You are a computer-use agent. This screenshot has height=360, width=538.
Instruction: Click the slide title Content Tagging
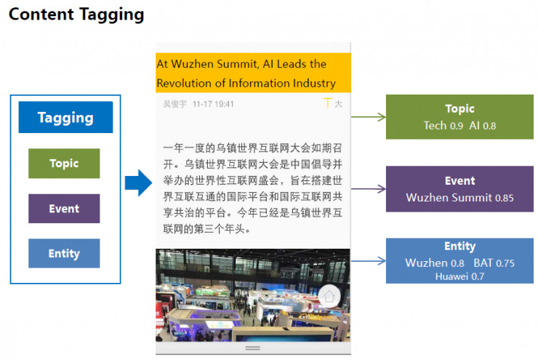click(76, 15)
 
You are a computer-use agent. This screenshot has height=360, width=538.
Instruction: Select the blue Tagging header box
click(65, 117)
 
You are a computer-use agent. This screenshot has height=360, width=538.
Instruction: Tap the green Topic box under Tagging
click(64, 164)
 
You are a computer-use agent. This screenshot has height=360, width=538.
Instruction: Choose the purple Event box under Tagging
click(64, 209)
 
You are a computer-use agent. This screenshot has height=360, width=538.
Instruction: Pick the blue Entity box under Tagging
click(64, 253)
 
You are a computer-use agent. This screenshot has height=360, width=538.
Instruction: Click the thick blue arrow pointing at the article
click(138, 183)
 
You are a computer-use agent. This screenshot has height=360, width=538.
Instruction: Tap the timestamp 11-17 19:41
click(213, 104)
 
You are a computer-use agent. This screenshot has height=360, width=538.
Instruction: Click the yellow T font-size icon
click(328, 103)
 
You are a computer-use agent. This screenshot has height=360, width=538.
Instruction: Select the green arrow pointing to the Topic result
click(369, 117)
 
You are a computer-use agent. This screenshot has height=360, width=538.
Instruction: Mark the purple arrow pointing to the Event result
click(369, 189)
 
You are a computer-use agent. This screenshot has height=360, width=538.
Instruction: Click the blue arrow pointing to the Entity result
click(369, 261)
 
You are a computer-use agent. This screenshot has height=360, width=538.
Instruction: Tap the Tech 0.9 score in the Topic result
click(443, 126)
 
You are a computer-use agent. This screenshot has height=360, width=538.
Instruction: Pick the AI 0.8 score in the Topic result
click(483, 126)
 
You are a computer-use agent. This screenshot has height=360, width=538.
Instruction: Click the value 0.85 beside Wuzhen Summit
click(505, 198)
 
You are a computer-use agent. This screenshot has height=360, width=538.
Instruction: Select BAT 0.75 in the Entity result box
click(494, 263)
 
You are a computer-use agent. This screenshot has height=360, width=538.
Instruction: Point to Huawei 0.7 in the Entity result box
click(459, 276)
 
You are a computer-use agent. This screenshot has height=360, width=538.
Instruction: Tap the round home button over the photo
click(329, 296)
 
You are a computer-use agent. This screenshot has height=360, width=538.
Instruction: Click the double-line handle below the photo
click(253, 348)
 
